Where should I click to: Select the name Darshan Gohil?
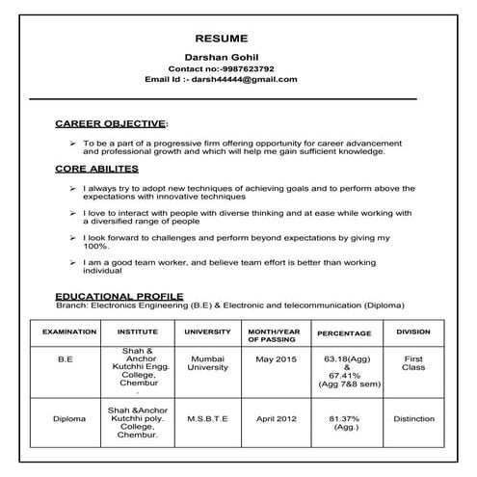pos(222,58)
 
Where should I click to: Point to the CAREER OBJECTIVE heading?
pos(111,124)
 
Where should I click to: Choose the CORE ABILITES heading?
pos(95,169)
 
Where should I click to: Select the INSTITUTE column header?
pos(138,331)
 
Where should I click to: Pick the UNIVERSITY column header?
pos(207,331)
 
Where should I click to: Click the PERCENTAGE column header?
pos(344,332)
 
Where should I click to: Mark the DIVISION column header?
pos(413,331)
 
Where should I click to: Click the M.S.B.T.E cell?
pos(207,418)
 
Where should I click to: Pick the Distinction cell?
pos(413,418)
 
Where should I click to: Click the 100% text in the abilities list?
pos(97,246)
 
